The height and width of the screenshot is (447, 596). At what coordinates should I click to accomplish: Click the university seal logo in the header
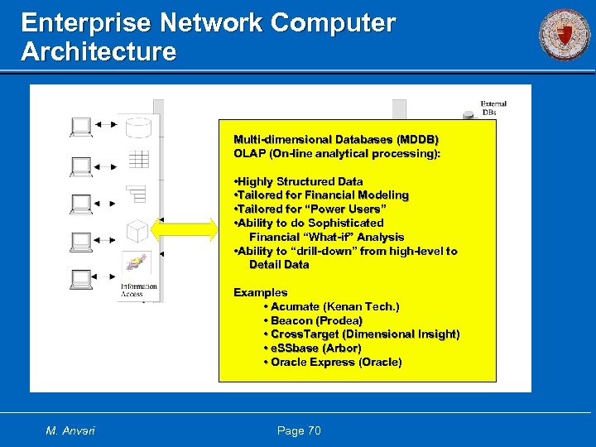[x=565, y=35]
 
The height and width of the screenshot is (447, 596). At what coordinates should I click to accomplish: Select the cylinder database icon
[x=138, y=128]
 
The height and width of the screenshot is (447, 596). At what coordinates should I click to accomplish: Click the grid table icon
[x=137, y=160]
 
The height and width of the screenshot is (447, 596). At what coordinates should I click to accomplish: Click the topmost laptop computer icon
[x=82, y=127]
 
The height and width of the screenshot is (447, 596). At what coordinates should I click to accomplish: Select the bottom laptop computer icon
[x=82, y=280]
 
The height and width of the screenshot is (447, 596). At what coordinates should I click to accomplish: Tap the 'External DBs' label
[x=493, y=108]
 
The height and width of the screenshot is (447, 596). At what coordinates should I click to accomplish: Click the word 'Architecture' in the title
[x=99, y=52]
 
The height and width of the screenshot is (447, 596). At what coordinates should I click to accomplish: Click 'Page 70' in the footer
[x=299, y=430]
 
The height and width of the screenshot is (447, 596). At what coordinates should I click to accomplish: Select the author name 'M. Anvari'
[x=70, y=430]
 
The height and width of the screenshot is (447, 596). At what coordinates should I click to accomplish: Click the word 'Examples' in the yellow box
[x=261, y=292]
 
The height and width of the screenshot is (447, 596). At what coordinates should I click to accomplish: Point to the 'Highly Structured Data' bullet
[x=300, y=181]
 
